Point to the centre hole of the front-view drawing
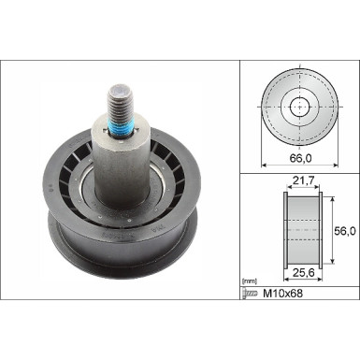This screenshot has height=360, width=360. pos(299,106)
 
